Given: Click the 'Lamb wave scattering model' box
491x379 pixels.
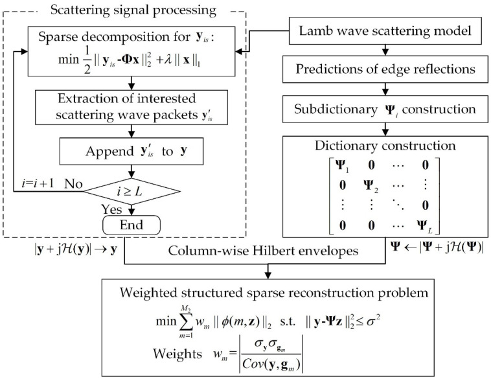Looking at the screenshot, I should click(385, 30).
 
